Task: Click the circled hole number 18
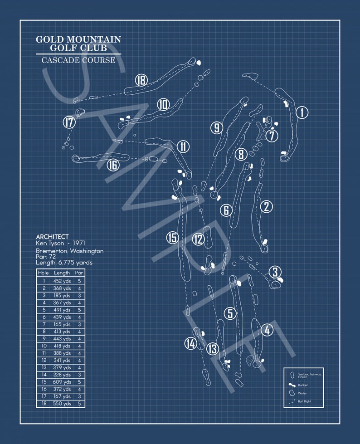(x=141, y=81)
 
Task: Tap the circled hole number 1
(x=302, y=112)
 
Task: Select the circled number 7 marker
(x=272, y=135)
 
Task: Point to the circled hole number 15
(x=172, y=238)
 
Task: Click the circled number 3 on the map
(x=275, y=272)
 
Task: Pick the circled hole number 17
(x=69, y=122)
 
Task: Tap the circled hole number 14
(x=191, y=344)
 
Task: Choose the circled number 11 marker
(x=183, y=146)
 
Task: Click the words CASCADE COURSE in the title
(x=78, y=60)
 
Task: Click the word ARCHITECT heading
(x=53, y=237)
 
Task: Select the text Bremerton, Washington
(x=70, y=251)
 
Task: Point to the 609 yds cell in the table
(x=62, y=382)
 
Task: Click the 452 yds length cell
(x=62, y=281)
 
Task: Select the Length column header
(x=62, y=273)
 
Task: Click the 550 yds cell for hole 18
(x=62, y=404)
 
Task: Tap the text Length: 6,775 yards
(x=64, y=263)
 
